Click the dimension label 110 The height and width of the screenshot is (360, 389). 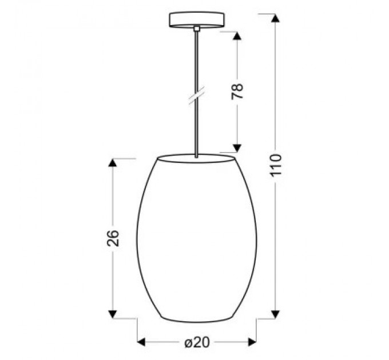pyautogui.click(x=276, y=166)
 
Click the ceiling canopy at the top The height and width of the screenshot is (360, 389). pyautogui.click(x=196, y=18)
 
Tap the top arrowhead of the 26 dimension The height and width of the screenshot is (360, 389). pyautogui.click(x=113, y=162)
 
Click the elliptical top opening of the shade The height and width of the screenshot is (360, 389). pyautogui.click(x=196, y=158)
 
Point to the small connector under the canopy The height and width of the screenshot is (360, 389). pyautogui.click(x=196, y=28)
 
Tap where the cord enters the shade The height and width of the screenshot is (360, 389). pyautogui.click(x=196, y=156)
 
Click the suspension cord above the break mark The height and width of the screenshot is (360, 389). pyautogui.click(x=196, y=63)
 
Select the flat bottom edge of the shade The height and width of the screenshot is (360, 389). pyautogui.click(x=196, y=318)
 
